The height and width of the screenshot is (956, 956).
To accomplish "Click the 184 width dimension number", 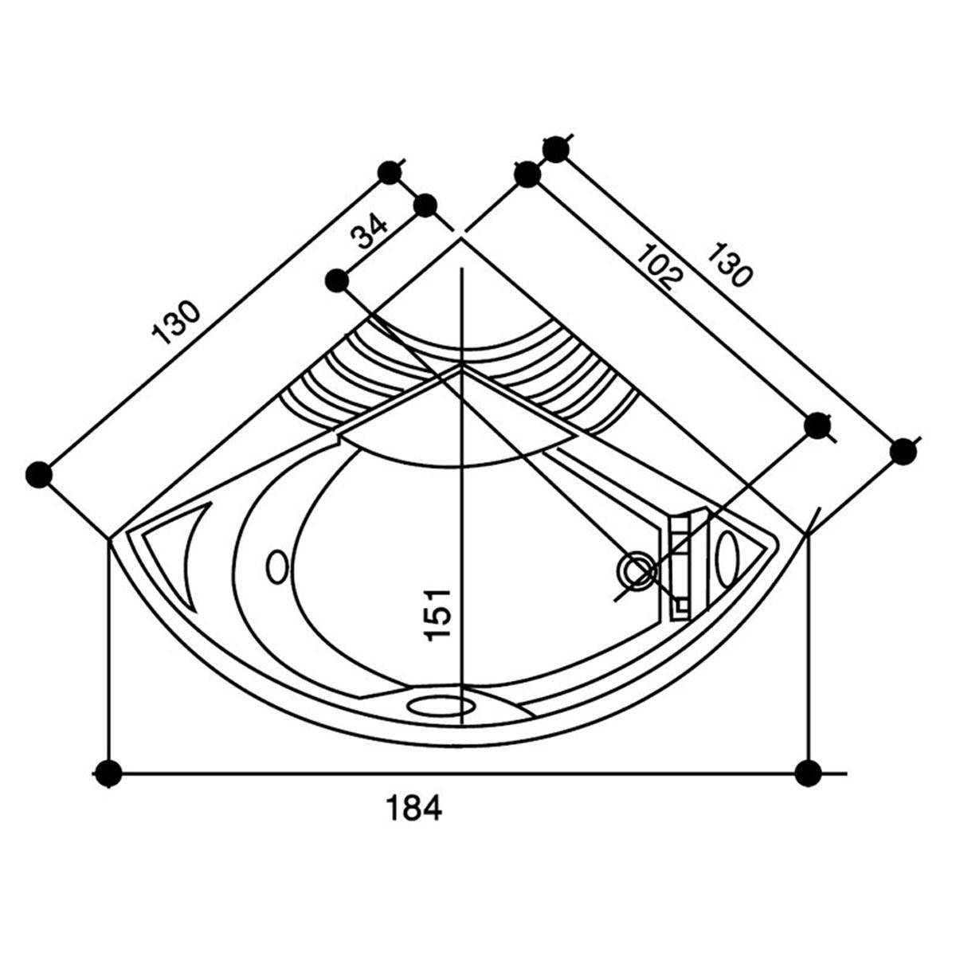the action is click(x=413, y=808).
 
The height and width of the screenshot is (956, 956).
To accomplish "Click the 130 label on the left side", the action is click(x=176, y=323).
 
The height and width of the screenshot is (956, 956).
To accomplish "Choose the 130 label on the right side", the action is click(x=729, y=265).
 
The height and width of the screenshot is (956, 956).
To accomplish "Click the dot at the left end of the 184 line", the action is click(x=108, y=773).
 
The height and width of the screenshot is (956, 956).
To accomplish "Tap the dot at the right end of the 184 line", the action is click(x=808, y=773).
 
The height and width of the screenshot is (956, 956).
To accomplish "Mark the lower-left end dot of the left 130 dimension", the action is click(x=39, y=474).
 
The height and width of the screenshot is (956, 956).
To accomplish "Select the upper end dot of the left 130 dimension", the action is click(x=390, y=173).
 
